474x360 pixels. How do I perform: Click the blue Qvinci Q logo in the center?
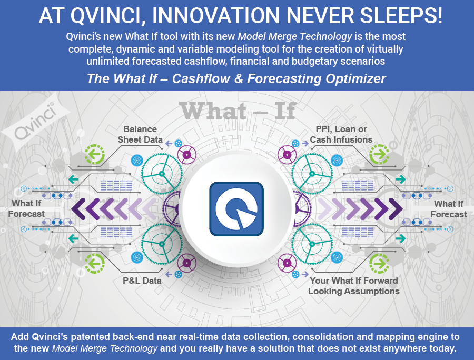click(x=236, y=209)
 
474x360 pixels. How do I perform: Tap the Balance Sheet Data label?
click(x=140, y=134)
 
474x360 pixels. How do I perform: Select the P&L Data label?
click(x=142, y=281)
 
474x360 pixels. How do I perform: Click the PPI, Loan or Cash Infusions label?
click(x=341, y=134)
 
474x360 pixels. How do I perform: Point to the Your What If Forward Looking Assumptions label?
click(x=354, y=286)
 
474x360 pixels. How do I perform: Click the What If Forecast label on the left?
click(x=26, y=209)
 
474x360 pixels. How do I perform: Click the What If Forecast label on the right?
click(x=449, y=209)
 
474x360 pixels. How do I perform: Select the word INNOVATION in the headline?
click(x=216, y=15)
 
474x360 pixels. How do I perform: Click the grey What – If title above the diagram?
click(x=238, y=111)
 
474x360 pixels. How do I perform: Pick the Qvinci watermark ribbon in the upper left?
click(x=36, y=122)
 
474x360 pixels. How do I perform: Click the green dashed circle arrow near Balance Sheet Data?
click(x=95, y=154)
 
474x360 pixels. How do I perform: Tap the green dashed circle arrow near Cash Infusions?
click(x=379, y=154)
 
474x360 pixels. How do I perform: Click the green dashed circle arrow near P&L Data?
click(x=95, y=263)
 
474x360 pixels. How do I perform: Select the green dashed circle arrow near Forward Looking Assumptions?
click(x=379, y=263)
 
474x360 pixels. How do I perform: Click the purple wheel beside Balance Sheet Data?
click(x=187, y=155)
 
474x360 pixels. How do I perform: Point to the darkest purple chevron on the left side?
click(x=78, y=209)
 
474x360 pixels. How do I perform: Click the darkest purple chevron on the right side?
click(x=396, y=209)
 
